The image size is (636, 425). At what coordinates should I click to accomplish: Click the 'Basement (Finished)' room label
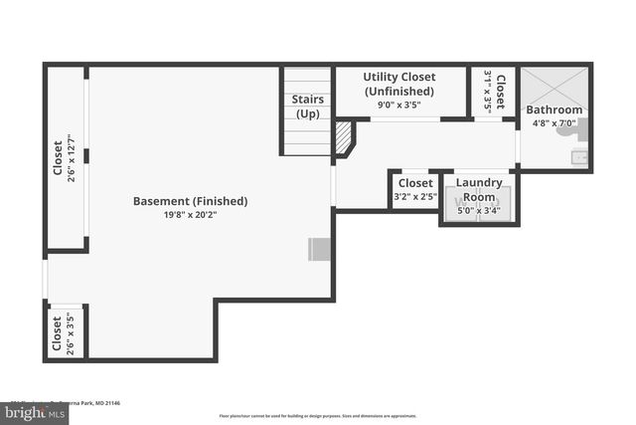point(190,201)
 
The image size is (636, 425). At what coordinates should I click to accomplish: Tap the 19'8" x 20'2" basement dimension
point(190,215)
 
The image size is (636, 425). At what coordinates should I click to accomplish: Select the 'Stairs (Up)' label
point(307,106)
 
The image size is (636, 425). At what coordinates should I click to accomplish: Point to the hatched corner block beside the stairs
point(344,137)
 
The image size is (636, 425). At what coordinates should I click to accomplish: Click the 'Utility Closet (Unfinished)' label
point(400,84)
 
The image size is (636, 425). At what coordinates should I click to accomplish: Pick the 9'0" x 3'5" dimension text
point(400,105)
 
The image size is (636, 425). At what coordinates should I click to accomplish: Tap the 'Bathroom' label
point(554,109)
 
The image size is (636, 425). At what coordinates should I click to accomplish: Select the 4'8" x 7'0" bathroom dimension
point(554,123)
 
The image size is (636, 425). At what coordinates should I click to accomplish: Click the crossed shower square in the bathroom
point(555,84)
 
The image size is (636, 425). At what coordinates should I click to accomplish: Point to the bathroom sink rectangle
point(581,156)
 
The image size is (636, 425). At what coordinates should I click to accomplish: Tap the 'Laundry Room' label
point(479,190)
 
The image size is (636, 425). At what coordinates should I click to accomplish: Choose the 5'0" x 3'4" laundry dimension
point(479,210)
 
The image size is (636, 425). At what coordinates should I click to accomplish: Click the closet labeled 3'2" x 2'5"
point(414,189)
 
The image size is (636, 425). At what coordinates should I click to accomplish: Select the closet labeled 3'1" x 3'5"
point(494,91)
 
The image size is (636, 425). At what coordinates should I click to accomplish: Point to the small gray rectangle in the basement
point(319,249)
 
